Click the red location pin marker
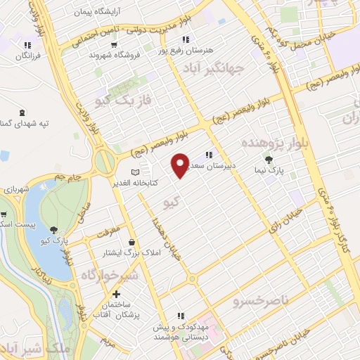[180, 165]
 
